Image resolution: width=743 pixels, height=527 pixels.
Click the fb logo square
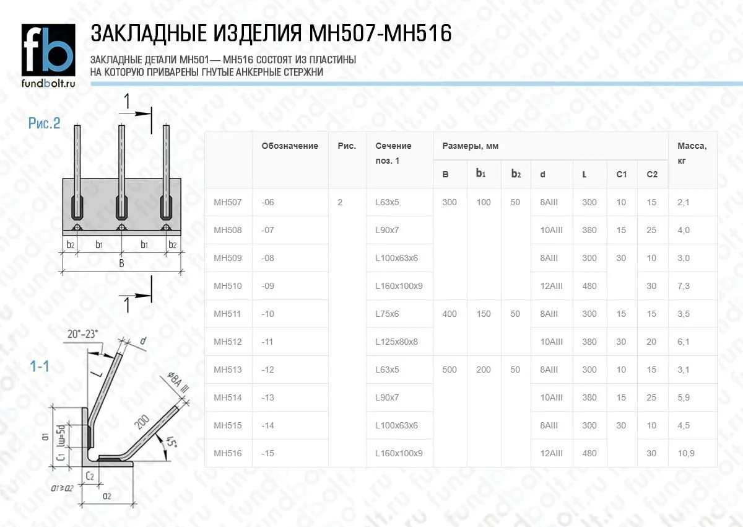(x=48, y=50)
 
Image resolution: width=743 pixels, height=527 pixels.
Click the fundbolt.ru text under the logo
(x=48, y=83)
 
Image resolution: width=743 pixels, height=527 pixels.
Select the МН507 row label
(x=228, y=202)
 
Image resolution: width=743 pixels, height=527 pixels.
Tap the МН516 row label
(x=228, y=453)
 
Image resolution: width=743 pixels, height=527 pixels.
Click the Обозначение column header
(x=290, y=146)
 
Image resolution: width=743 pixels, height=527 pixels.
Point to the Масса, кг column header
(x=692, y=153)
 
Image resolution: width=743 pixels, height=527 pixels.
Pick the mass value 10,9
(x=685, y=453)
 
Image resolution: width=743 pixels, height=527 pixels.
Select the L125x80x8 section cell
(x=396, y=342)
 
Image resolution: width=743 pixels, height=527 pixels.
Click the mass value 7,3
(x=684, y=286)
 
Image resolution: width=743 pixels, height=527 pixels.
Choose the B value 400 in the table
(x=449, y=314)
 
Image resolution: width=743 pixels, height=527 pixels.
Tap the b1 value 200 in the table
(x=484, y=370)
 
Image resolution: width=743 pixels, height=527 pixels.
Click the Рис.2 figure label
(x=44, y=123)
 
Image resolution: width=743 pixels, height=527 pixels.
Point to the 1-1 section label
(x=40, y=366)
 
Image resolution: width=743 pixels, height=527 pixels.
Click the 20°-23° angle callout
(x=82, y=334)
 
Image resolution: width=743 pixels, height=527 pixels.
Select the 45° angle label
(x=171, y=441)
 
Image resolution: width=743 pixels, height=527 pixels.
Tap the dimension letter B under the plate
(x=121, y=263)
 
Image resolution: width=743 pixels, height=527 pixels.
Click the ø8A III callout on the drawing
(x=178, y=383)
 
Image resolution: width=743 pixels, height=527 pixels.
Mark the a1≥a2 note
(x=62, y=488)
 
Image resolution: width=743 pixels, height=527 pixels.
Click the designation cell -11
(x=267, y=342)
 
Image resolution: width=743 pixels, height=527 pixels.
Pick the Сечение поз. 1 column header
(x=393, y=153)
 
